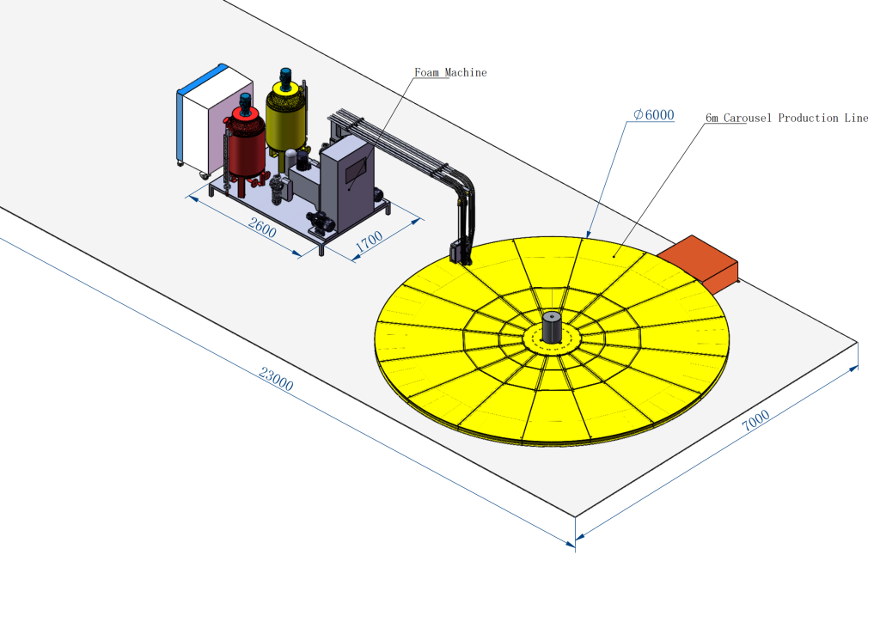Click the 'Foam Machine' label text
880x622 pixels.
pyautogui.click(x=450, y=72)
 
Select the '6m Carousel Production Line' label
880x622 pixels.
pyautogui.click(x=787, y=118)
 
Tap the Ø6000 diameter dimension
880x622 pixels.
pyautogui.click(x=654, y=115)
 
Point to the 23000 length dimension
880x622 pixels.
pyautogui.click(x=276, y=379)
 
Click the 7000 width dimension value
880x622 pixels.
pyautogui.click(x=755, y=421)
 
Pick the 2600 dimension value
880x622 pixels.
pyautogui.click(x=262, y=228)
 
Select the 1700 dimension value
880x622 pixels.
pyautogui.click(x=369, y=241)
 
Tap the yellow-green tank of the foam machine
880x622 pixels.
pyautogui.click(x=286, y=118)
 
